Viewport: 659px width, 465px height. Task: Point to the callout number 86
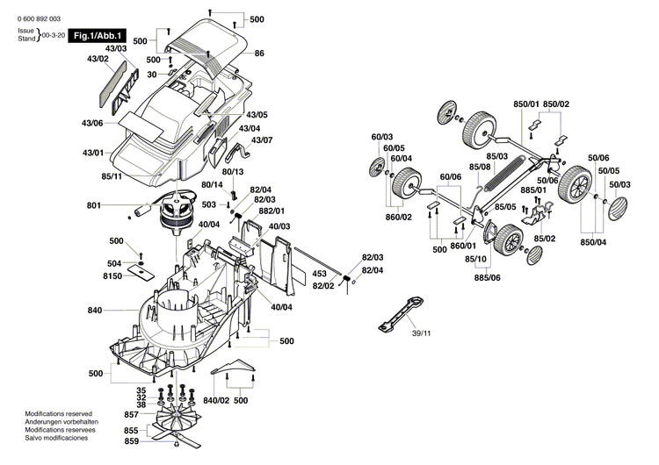(260, 54)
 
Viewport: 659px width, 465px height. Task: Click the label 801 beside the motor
(94, 207)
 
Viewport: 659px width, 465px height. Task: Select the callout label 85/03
(497, 156)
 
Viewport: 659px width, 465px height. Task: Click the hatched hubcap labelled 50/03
(620, 210)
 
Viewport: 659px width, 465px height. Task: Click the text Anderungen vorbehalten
(62, 422)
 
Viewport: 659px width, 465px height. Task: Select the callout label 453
(322, 273)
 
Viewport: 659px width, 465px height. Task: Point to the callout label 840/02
(216, 400)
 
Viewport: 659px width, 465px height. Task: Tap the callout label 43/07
(262, 140)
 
